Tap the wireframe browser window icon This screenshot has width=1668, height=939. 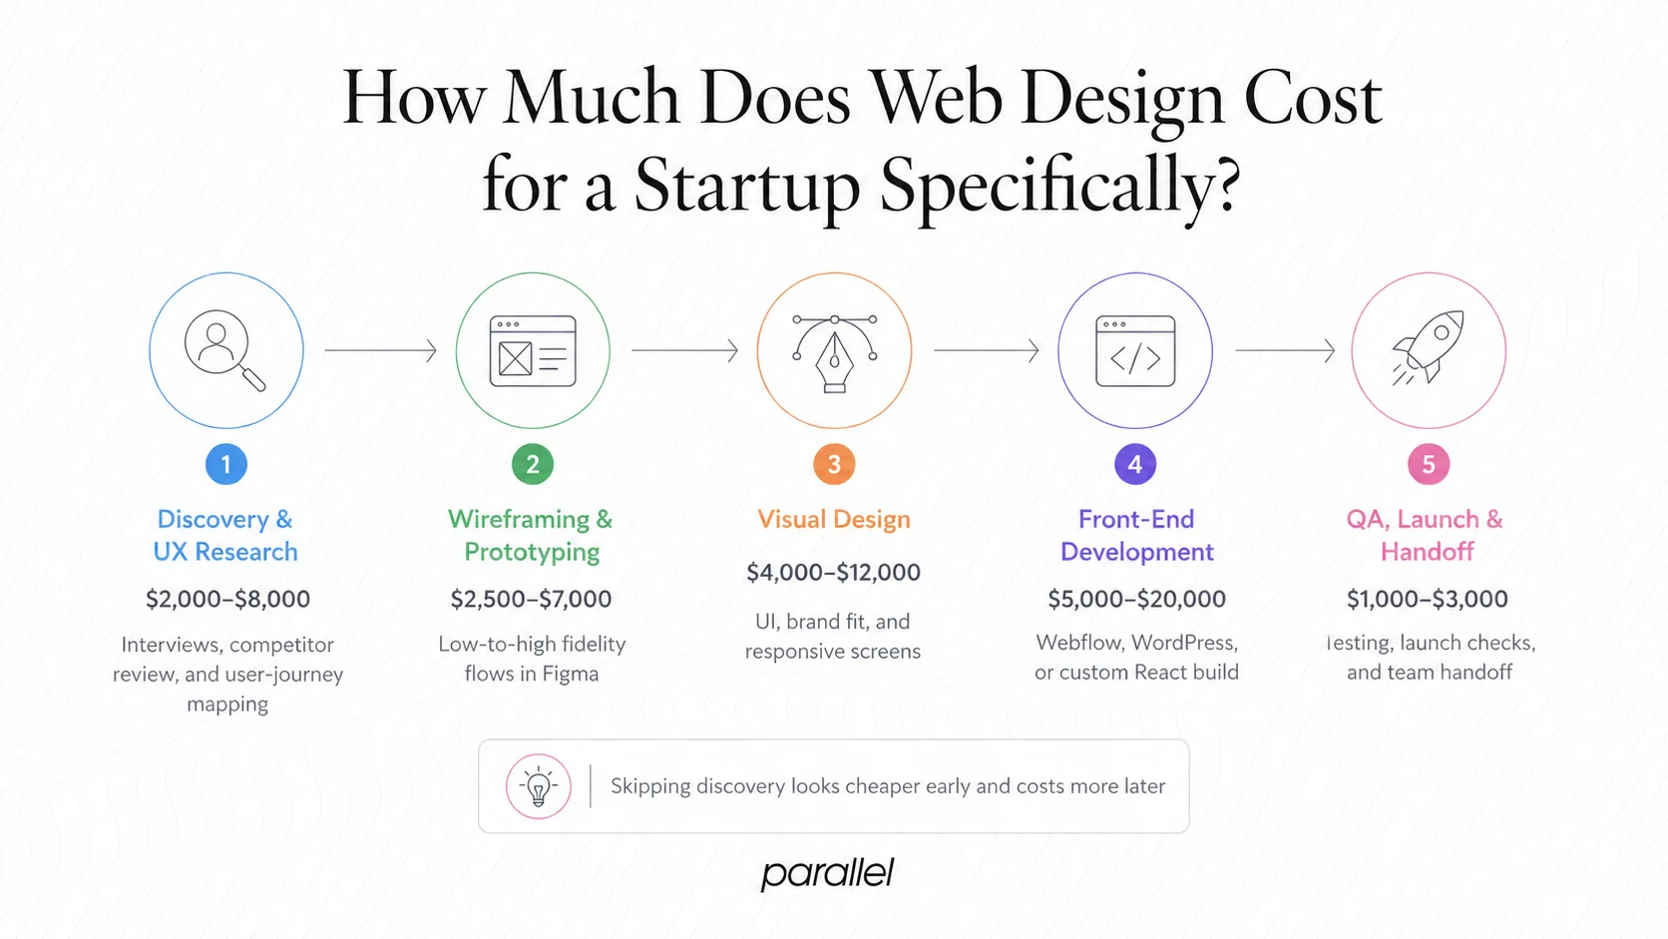coord(533,351)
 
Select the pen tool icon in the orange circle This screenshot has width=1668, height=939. coord(834,352)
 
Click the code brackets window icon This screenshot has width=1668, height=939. coord(1135,351)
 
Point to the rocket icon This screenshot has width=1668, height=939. coord(1429,348)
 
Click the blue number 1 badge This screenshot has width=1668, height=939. coord(226,464)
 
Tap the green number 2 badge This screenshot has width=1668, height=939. coord(533,464)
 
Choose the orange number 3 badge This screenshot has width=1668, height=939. coord(834,464)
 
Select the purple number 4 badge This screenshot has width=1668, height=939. coord(1135,464)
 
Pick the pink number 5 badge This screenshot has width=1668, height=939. coord(1429,464)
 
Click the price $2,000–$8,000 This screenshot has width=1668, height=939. coord(227,599)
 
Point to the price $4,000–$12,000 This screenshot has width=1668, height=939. coord(833,572)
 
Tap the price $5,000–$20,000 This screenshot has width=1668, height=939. coord(1136,599)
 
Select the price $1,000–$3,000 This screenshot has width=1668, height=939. coord(1427,599)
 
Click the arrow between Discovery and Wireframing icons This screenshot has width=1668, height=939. coord(381,350)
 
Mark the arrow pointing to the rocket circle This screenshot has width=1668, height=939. coord(1285,350)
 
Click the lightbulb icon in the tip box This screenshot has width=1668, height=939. coord(539,786)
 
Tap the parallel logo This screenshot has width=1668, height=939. coord(827,873)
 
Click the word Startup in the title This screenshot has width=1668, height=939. coord(747,186)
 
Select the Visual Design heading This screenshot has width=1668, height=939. coord(834,519)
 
